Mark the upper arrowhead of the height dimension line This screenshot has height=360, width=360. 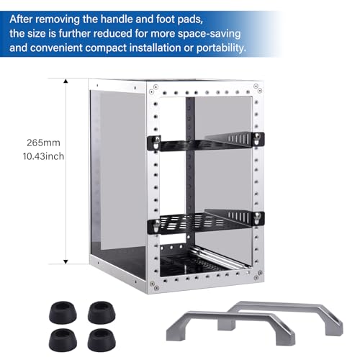67,81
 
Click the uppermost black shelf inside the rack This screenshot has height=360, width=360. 205,141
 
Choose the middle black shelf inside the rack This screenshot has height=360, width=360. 205,217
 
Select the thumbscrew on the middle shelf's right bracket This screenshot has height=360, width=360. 254,215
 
